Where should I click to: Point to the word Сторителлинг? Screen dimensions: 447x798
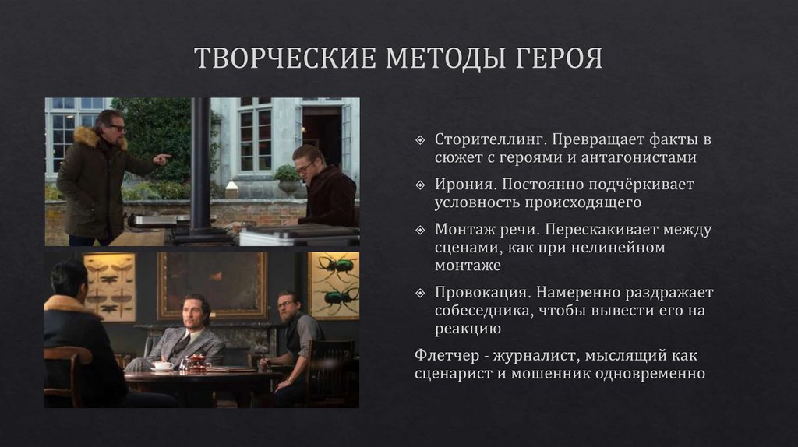(482, 140)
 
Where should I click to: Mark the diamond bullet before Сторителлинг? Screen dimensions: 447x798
(420, 141)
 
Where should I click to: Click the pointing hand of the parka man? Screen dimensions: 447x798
(163, 159)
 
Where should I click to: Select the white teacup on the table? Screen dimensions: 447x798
(162, 365)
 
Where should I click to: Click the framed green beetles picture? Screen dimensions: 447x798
(333, 284)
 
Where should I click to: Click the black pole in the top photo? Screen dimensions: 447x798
(199, 164)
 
